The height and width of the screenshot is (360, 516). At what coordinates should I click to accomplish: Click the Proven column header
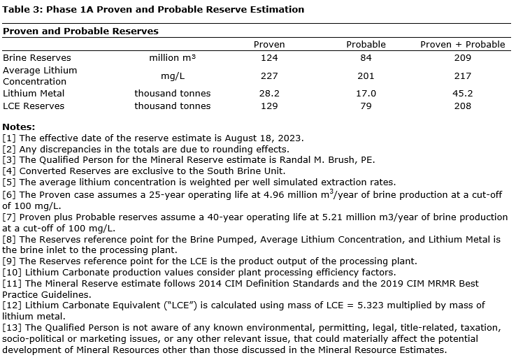(269, 45)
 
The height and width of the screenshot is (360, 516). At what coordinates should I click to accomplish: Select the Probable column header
(366, 45)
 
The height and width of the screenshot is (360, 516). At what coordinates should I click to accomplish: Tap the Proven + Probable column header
(462, 45)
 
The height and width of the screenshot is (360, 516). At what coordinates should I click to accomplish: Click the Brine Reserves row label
(37, 58)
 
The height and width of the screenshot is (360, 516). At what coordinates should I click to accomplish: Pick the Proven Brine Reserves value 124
(269, 58)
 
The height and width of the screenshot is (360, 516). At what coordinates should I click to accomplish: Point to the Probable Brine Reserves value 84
(366, 58)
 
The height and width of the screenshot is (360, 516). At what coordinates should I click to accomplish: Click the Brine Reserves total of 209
(462, 58)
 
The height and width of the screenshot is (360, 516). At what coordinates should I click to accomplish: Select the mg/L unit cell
(173, 76)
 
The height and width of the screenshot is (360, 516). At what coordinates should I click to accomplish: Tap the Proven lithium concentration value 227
(269, 76)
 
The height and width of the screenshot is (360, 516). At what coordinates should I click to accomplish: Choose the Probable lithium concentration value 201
(366, 76)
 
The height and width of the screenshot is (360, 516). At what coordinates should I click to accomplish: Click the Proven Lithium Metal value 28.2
(269, 94)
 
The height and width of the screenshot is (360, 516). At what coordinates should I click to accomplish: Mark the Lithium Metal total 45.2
(462, 94)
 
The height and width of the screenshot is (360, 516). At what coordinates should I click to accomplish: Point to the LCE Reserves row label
(34, 106)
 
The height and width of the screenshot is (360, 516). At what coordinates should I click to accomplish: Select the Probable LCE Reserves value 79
(366, 106)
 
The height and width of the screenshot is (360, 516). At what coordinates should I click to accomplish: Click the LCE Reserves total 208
(462, 106)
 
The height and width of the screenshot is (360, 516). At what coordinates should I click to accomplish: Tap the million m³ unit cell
(173, 58)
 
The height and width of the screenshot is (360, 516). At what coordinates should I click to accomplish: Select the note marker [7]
(10, 218)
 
